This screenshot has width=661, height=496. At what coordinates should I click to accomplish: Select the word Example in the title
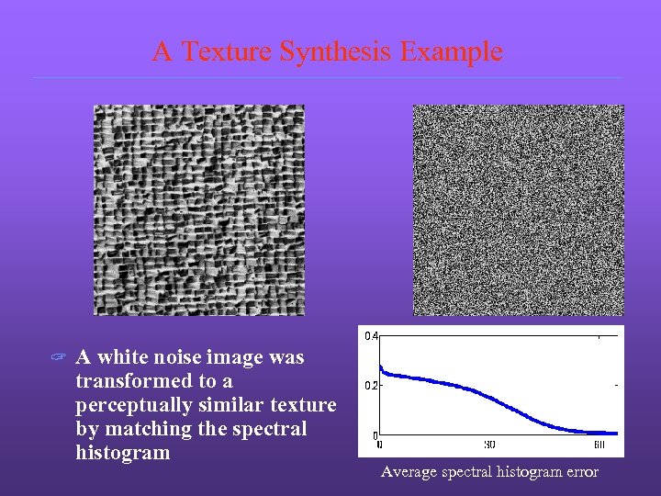pos(451,52)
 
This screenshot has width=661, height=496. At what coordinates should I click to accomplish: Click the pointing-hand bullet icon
pos(58,358)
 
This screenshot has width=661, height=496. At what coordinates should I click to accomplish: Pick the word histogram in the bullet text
pos(123,453)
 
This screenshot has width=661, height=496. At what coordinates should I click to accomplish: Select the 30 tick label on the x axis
pos(489,445)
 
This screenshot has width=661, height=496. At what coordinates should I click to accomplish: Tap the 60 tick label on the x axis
pos(599,445)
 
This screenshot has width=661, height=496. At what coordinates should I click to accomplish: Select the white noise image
pos(519,210)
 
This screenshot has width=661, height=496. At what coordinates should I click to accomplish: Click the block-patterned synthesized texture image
pos(199,210)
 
